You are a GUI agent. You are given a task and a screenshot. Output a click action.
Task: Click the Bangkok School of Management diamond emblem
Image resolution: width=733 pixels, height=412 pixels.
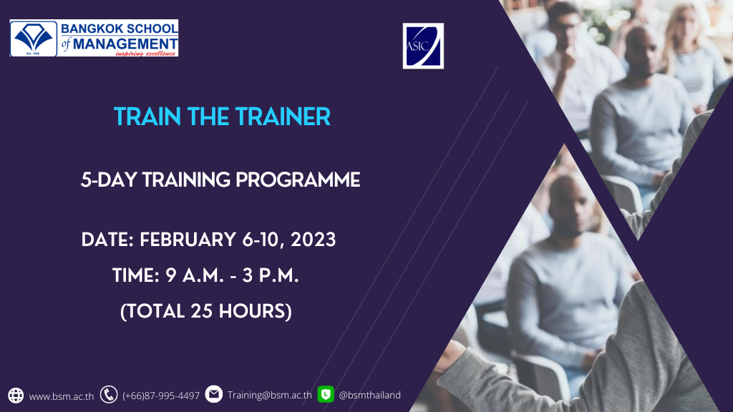click(33, 38)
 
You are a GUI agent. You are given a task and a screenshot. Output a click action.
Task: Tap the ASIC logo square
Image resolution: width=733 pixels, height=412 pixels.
click(423, 46)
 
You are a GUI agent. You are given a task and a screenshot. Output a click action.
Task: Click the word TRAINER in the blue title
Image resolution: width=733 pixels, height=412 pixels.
click(283, 117)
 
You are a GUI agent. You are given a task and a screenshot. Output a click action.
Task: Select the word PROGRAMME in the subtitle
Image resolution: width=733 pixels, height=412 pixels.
click(298, 180)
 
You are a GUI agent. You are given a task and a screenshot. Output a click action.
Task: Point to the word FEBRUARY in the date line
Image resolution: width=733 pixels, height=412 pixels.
click(188, 240)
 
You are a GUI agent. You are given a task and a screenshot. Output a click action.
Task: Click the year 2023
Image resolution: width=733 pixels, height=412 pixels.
click(314, 240)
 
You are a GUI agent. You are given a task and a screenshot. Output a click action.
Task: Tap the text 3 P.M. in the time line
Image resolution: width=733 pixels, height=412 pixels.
click(270, 275)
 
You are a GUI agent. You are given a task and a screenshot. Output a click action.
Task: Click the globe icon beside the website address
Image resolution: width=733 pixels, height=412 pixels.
click(16, 395)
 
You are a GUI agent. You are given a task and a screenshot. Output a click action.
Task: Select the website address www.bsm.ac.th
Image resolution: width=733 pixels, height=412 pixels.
click(62, 396)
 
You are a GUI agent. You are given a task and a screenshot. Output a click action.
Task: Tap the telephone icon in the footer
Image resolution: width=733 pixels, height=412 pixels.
click(109, 395)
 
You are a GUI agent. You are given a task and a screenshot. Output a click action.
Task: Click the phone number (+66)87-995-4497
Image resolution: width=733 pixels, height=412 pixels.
click(161, 396)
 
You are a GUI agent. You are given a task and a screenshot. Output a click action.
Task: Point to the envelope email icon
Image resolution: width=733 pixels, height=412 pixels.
click(213, 394)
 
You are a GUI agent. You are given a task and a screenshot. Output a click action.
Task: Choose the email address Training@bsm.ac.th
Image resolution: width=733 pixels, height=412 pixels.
click(269, 395)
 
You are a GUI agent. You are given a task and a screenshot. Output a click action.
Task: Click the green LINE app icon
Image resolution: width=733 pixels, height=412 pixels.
click(326, 394)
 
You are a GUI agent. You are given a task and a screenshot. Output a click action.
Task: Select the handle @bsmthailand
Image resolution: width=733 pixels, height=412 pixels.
click(369, 395)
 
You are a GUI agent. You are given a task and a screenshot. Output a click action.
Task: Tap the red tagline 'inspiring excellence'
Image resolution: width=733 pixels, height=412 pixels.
click(145, 54)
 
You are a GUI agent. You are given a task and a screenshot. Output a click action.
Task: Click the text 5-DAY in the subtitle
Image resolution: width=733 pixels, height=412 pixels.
click(110, 180)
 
